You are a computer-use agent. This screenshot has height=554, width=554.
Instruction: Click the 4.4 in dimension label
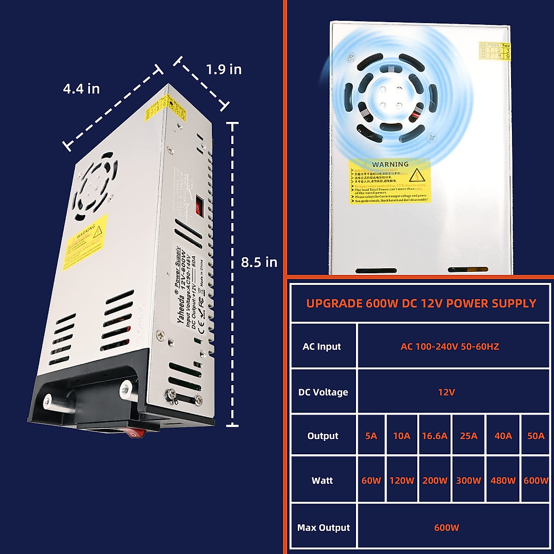point(81,89)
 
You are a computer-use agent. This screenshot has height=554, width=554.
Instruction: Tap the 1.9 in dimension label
point(223,69)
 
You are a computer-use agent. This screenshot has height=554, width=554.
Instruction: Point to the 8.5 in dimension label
point(259,262)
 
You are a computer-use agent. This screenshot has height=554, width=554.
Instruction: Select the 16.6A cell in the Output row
point(434,436)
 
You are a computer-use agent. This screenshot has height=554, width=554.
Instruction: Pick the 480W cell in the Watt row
point(503,481)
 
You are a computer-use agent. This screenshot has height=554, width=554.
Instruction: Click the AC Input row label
point(322,346)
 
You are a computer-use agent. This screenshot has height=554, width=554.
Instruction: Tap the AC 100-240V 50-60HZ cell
point(450,346)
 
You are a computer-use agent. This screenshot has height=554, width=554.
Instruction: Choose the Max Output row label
point(323,527)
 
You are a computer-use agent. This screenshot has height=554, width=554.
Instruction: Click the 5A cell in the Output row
point(371,436)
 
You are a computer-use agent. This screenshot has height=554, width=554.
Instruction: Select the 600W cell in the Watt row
point(536,481)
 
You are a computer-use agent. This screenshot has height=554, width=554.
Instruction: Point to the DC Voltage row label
point(323,392)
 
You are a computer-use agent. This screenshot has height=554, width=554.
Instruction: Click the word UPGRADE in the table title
point(334,303)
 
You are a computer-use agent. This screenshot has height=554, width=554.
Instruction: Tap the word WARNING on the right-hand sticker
point(390,164)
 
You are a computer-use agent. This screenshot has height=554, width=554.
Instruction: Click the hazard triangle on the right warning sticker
point(417,175)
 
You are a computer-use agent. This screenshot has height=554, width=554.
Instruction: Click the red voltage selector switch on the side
point(199,206)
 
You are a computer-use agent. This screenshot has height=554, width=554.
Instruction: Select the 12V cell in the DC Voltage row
point(446,392)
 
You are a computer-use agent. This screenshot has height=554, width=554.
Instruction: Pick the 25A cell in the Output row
point(469,436)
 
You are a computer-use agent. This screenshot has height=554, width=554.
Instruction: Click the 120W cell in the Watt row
point(402,481)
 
